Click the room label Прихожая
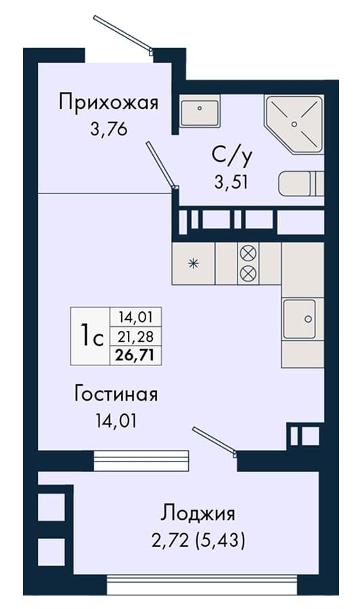(x=109, y=104)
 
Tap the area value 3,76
(x=109, y=129)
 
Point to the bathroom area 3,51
(x=231, y=181)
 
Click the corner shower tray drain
(x=294, y=124)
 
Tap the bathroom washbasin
(x=200, y=111)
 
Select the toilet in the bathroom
(x=301, y=183)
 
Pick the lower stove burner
(x=248, y=273)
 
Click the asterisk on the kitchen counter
(x=193, y=264)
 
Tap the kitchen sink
(x=299, y=319)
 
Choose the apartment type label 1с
(x=91, y=336)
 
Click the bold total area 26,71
(x=135, y=355)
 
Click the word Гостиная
(x=116, y=394)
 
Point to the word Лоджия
(x=198, y=514)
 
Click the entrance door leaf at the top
(x=122, y=34)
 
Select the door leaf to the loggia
(x=214, y=441)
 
